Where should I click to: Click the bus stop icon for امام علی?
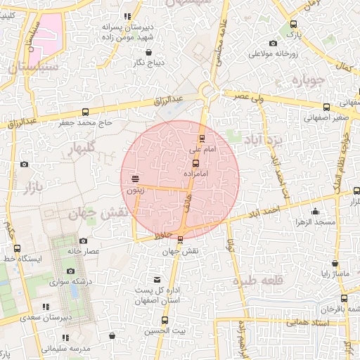(202, 138)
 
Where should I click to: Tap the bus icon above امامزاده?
(195, 163)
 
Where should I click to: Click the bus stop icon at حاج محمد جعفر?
(86, 112)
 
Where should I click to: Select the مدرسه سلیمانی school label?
(65, 347)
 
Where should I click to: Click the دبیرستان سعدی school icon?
(46, 307)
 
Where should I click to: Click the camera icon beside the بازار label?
(25, 165)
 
